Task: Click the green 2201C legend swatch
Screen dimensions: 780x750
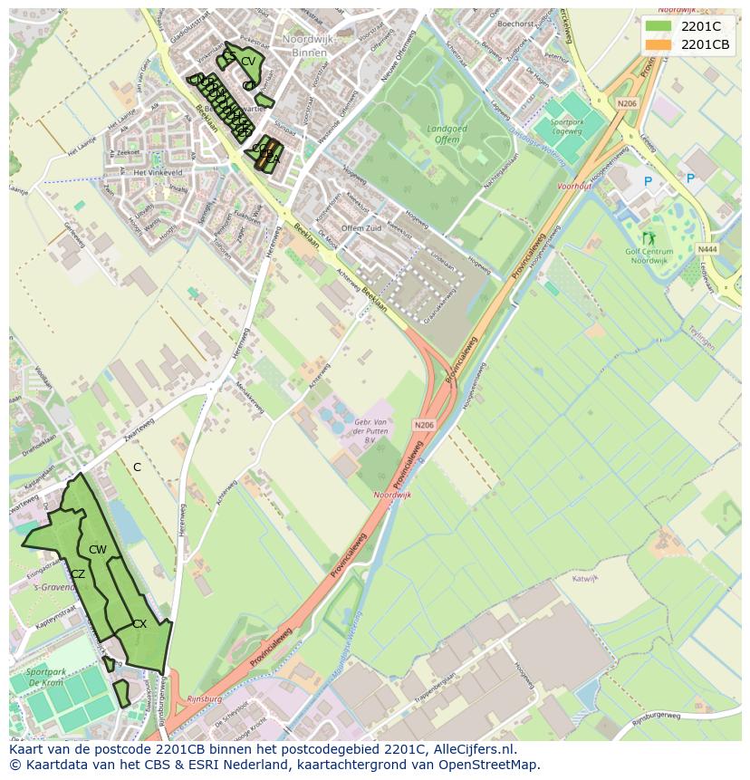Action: [x=659, y=26]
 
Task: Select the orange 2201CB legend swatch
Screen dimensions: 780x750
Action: [x=659, y=44]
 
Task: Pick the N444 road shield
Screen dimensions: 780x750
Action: [x=707, y=248]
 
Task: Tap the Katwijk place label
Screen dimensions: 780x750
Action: [x=585, y=578]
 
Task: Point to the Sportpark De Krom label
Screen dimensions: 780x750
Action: [x=45, y=678]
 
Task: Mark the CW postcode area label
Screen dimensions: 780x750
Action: [x=98, y=550]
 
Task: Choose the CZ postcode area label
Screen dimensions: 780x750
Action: [x=78, y=574]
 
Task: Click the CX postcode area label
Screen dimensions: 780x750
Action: [x=139, y=623]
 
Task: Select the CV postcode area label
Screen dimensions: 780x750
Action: [x=246, y=61]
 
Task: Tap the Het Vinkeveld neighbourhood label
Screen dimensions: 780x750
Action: [x=158, y=172]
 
